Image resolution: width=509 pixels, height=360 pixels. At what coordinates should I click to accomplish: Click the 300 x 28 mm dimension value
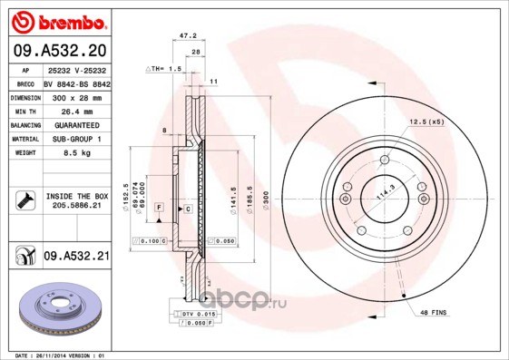77,95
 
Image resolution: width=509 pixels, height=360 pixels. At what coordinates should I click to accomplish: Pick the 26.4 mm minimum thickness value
77,110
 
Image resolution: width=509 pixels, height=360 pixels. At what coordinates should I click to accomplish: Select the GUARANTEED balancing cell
77,124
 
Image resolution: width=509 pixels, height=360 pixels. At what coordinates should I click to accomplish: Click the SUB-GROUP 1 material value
77,139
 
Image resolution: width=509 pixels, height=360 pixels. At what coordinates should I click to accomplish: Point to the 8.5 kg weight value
77,153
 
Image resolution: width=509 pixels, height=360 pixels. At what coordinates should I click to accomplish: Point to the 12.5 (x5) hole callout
426,122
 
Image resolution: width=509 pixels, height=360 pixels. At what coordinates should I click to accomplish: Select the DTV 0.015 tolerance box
195,313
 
